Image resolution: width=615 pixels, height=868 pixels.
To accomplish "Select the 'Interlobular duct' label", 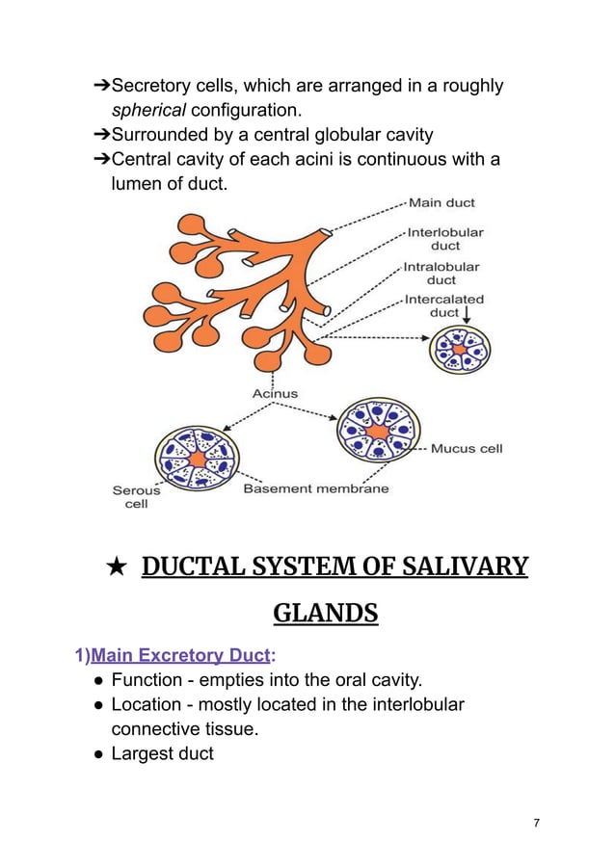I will point(444,239).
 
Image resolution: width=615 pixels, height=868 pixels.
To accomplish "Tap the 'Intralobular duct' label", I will point(441,273).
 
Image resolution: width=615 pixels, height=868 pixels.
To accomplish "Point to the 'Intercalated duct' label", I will point(443,305).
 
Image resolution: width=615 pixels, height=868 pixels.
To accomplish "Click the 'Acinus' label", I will point(275,394).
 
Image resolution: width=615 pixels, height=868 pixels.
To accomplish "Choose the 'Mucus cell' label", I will point(467,448).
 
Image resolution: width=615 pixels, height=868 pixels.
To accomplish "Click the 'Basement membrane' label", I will point(316,488).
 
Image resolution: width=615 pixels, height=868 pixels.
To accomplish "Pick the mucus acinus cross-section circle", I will point(378,427).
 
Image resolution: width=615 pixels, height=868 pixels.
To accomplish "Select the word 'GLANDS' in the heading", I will point(326,612).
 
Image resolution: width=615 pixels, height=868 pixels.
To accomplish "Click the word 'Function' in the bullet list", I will point(150,681).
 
